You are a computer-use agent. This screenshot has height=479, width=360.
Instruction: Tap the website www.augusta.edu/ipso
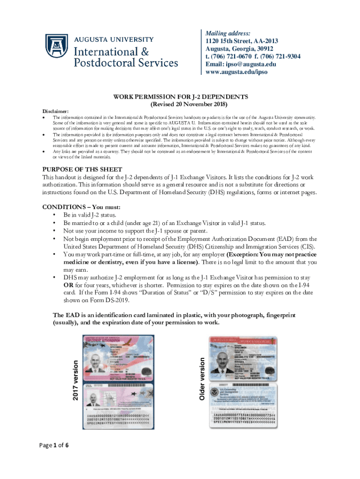coord(237,72)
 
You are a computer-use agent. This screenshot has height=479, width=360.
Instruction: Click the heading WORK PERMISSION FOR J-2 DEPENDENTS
coord(180,96)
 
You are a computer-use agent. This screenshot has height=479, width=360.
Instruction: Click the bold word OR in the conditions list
coord(68,285)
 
